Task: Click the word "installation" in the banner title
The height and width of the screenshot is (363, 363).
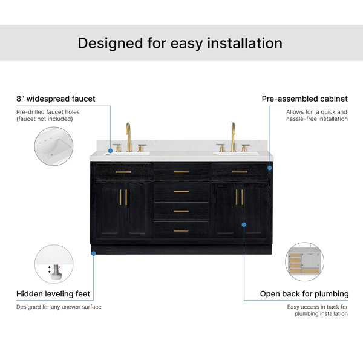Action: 244,43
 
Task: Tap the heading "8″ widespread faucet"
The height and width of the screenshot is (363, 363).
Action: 56,99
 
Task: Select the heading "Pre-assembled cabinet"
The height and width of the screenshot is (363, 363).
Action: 305,99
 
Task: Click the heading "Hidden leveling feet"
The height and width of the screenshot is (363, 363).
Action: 53,294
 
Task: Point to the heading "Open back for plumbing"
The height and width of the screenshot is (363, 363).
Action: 304,294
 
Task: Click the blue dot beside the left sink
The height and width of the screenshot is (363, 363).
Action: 111,151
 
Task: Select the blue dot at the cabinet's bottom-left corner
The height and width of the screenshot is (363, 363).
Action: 94,253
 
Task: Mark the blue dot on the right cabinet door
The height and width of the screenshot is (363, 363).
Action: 244,224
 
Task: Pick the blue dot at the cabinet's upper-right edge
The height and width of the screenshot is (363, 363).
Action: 270,168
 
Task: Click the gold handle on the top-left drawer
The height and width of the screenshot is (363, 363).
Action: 123,172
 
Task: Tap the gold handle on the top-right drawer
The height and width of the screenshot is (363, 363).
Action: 240,172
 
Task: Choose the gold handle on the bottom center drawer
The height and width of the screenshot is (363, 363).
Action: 181,231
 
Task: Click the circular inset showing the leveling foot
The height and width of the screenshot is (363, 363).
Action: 54,264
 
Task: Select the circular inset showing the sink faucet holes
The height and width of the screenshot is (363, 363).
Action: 54,146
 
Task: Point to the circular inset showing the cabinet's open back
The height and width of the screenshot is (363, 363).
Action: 305,261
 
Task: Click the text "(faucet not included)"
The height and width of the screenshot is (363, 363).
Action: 45,119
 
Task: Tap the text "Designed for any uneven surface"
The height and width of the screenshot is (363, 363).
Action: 59,307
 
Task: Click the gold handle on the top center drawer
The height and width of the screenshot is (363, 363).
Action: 181,172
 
